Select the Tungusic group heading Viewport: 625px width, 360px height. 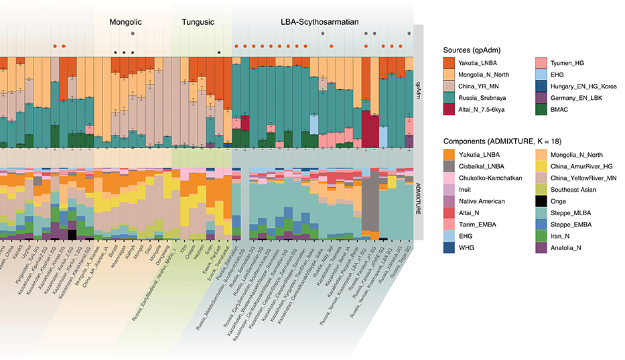point(198,22)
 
